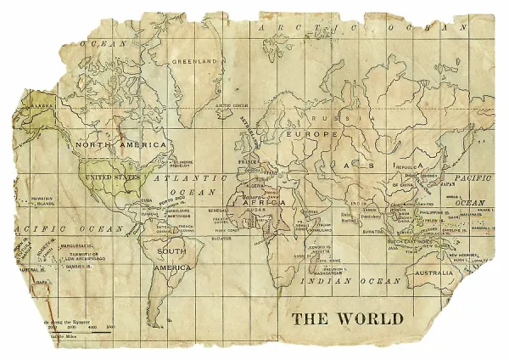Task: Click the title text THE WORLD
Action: tap(347, 318)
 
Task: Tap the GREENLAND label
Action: tap(195, 62)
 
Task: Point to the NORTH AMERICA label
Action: tap(120, 144)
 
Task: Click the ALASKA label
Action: tap(42, 106)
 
